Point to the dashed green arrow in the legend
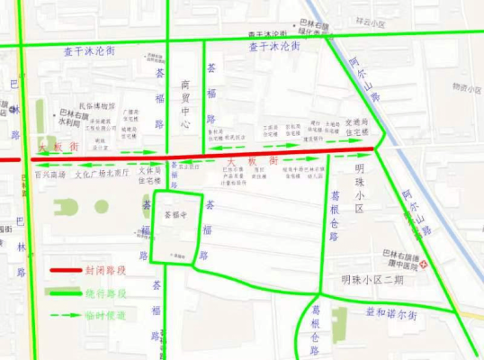(x=67, y=316)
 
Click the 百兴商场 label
(x=50, y=175)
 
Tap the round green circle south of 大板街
(x=67, y=208)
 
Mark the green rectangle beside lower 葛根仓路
(x=338, y=318)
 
